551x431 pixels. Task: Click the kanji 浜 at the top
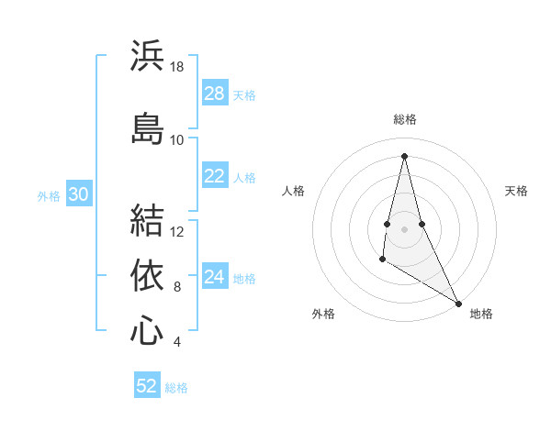coord(147,56)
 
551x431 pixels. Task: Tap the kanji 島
coord(147,127)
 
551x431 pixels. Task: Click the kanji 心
coord(147,331)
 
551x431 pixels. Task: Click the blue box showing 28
coord(214,94)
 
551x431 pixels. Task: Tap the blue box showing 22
coord(214,177)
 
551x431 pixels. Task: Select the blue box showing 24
coord(214,278)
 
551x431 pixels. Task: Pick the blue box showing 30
coord(78,194)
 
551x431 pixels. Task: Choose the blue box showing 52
coord(147,386)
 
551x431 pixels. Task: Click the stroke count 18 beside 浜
coord(176,67)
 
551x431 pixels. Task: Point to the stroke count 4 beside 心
coord(176,342)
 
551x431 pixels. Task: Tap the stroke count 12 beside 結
coord(177,231)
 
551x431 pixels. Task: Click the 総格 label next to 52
coord(176,388)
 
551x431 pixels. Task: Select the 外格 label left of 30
coord(49,195)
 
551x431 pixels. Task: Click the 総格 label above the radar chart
coord(404,119)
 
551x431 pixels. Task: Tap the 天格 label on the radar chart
coord(516,191)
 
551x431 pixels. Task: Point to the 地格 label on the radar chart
coord(481,314)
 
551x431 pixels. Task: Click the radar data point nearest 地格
coord(460,303)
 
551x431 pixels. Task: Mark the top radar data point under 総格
coord(404,155)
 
